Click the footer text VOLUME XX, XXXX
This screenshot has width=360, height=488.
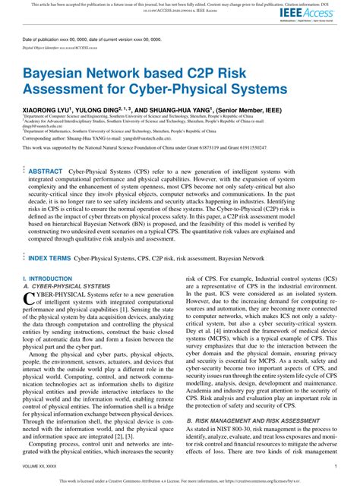pyautogui.click(x=39, y=464)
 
